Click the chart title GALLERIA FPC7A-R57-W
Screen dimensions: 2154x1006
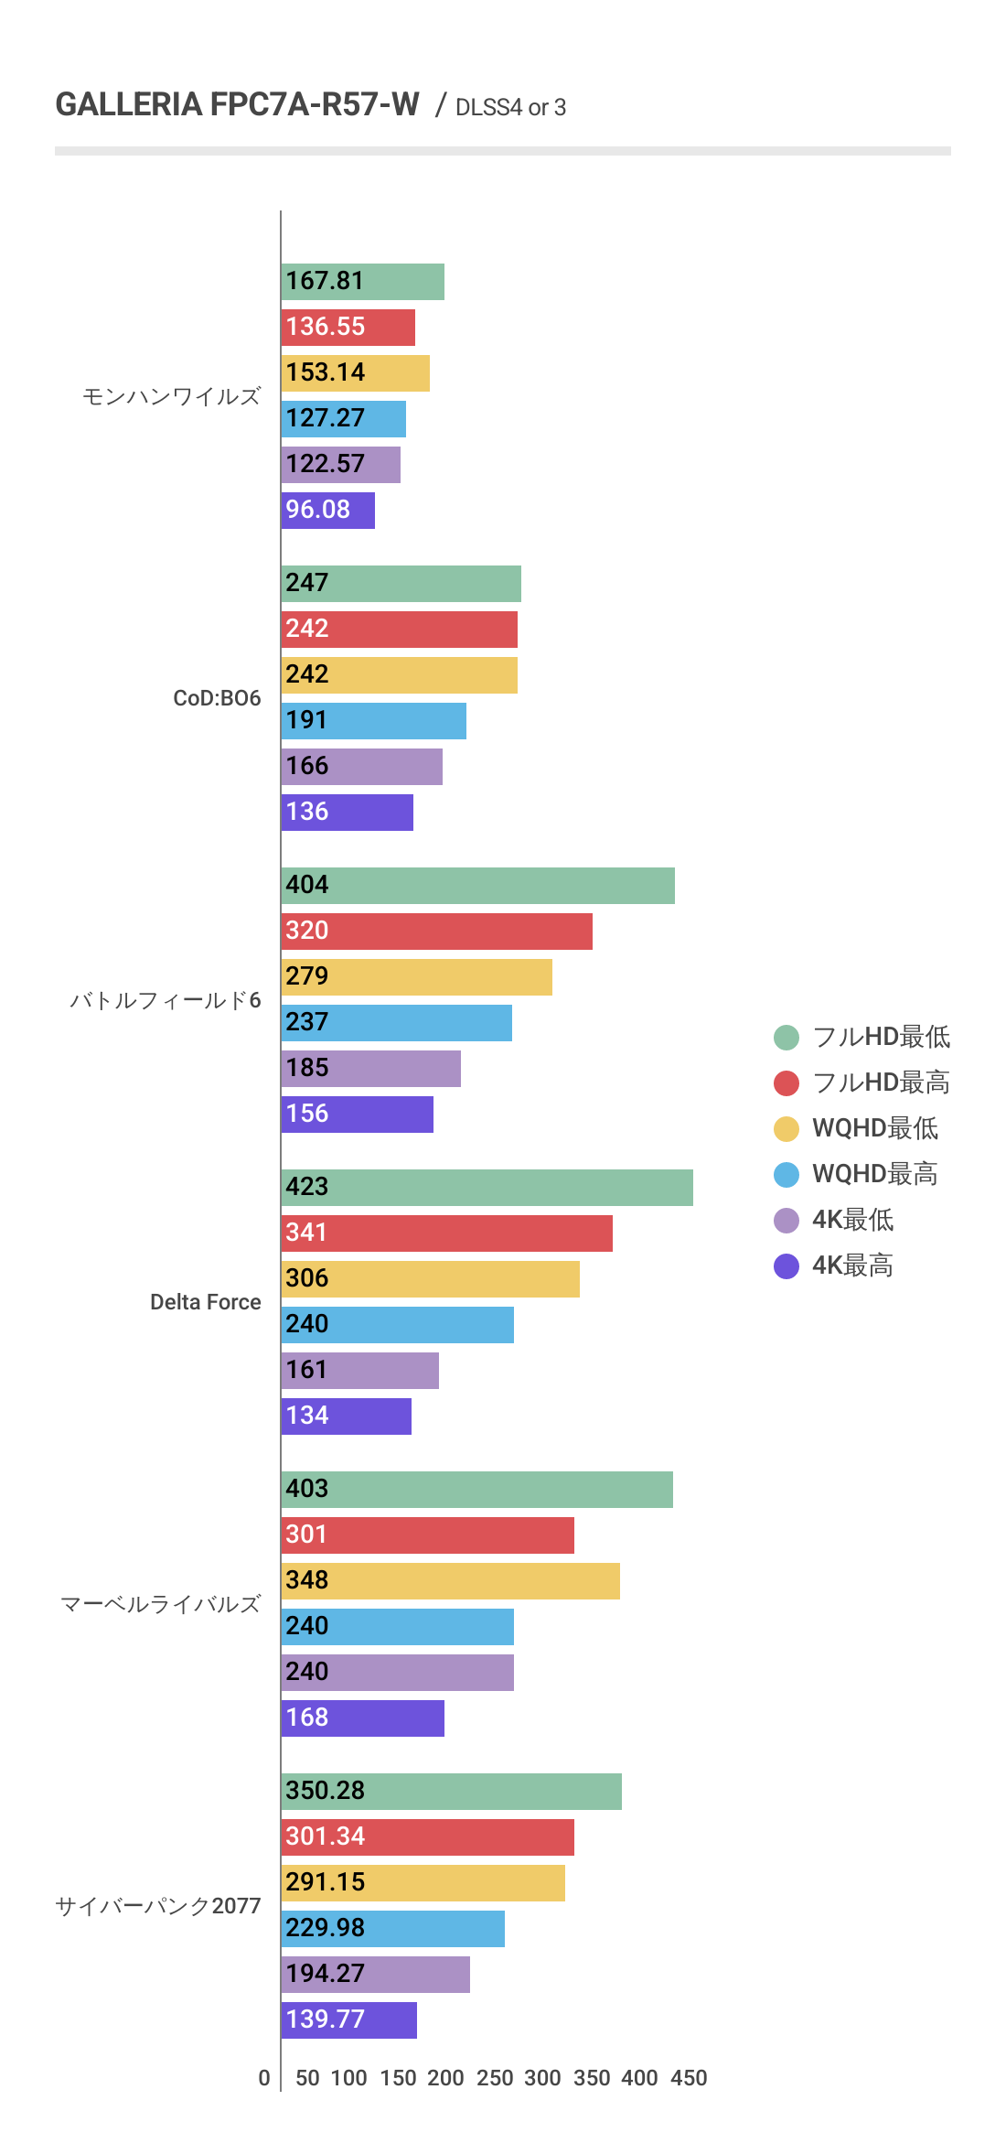[x=237, y=105]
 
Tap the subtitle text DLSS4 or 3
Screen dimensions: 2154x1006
[x=510, y=108]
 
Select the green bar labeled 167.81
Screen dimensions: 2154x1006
[x=362, y=282]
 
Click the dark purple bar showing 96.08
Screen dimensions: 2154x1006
[x=327, y=511]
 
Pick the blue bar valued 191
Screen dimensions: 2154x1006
[x=373, y=721]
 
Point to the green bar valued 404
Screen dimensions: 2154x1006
[x=477, y=886]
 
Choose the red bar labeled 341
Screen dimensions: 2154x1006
[x=446, y=1233]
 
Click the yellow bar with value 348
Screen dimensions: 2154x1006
[x=450, y=1581]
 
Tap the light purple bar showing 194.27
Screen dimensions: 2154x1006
[x=375, y=1975]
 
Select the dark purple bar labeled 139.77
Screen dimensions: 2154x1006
[x=348, y=2020]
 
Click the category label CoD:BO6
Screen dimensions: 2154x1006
[x=217, y=698]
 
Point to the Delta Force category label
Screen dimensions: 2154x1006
[x=205, y=1302]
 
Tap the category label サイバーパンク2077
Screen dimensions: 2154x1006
[x=158, y=1906]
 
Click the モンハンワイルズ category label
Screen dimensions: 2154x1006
[x=171, y=396]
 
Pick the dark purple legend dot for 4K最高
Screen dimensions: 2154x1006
[x=787, y=1266]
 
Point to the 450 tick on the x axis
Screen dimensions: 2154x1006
[x=689, y=2078]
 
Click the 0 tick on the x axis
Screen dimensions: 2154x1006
[x=264, y=2078]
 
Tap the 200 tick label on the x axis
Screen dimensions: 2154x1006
[x=445, y=2078]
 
